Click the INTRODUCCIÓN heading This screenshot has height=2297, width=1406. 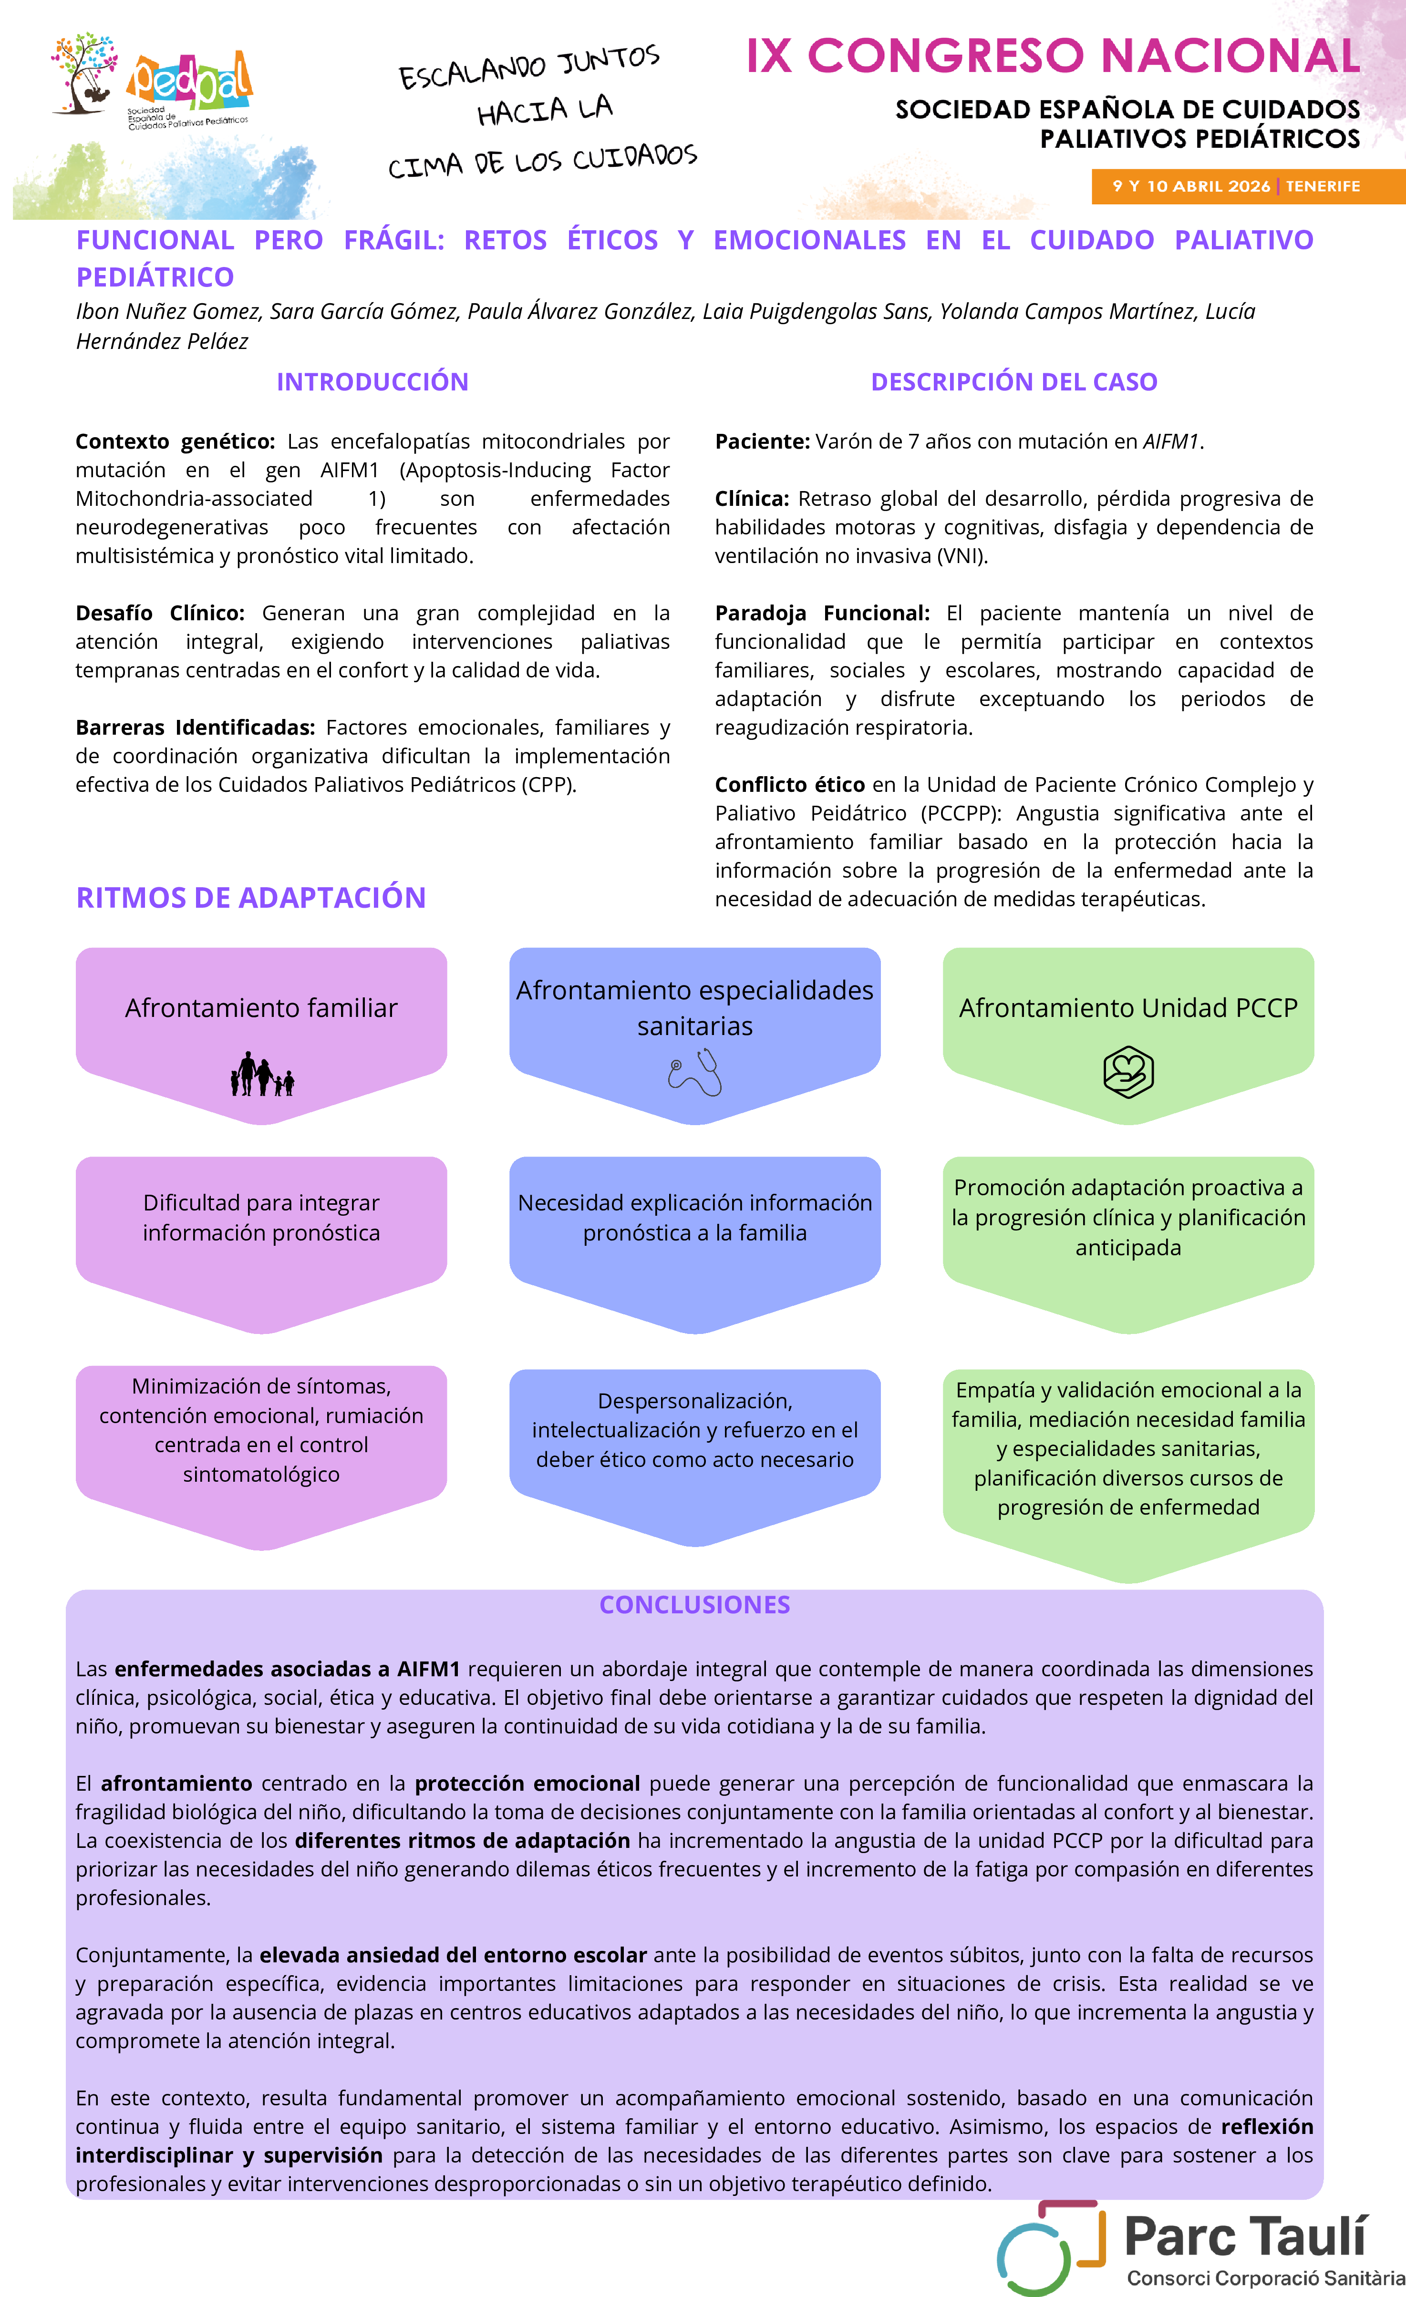[x=372, y=381]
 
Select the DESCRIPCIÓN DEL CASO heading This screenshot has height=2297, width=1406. [x=1013, y=381]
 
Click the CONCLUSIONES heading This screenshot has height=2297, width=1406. [x=694, y=1604]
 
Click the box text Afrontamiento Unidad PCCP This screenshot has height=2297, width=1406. [x=1128, y=1008]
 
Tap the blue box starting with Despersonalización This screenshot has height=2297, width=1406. [x=694, y=1430]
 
